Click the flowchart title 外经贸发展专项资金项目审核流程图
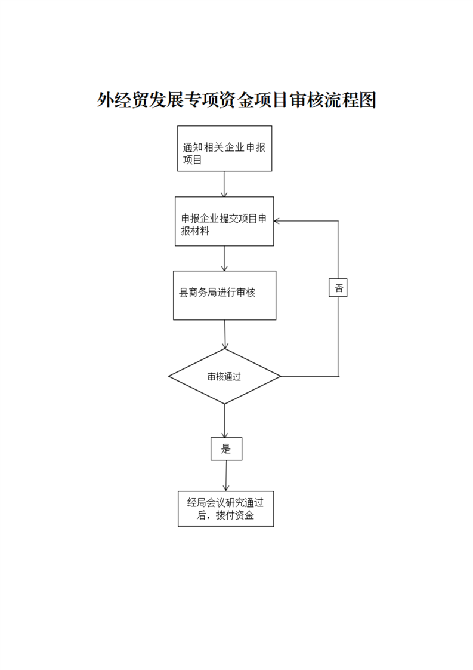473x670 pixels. tap(236, 100)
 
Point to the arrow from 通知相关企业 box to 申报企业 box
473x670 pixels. tap(224, 184)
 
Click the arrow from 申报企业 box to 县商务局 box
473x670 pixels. tap(224, 258)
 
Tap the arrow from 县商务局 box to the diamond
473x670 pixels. tap(225, 334)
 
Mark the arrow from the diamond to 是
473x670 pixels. tap(224, 421)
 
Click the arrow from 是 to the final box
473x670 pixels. tap(226, 475)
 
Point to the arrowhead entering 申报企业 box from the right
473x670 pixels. tap(276, 221)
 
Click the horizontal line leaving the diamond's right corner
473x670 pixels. tap(310, 376)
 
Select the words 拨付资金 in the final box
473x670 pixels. tap(235, 515)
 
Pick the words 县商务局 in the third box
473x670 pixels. tap(197, 293)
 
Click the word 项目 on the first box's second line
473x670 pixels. tap(192, 160)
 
